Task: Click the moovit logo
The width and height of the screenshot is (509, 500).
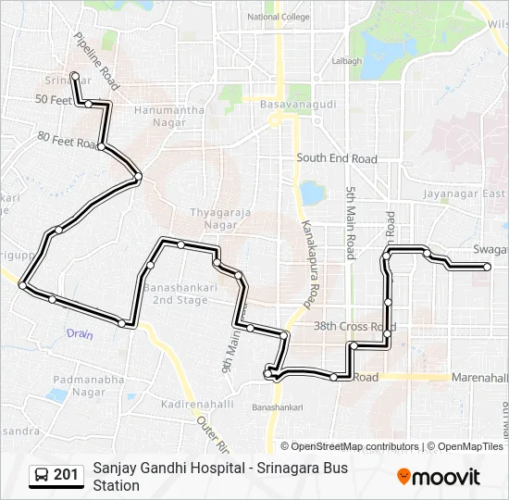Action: tap(439, 477)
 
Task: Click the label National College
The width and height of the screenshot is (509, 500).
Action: tap(279, 17)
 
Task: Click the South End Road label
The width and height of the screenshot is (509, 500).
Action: tap(337, 158)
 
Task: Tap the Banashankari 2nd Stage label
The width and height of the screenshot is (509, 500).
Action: tap(180, 293)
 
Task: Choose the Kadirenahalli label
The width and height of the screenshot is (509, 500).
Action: tap(197, 406)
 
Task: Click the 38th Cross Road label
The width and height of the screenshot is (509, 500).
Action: tap(354, 327)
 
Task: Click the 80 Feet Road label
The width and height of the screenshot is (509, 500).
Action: tap(67, 140)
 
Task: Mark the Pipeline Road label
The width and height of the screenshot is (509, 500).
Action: tap(96, 63)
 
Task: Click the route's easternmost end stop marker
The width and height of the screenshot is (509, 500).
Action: tap(487, 267)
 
